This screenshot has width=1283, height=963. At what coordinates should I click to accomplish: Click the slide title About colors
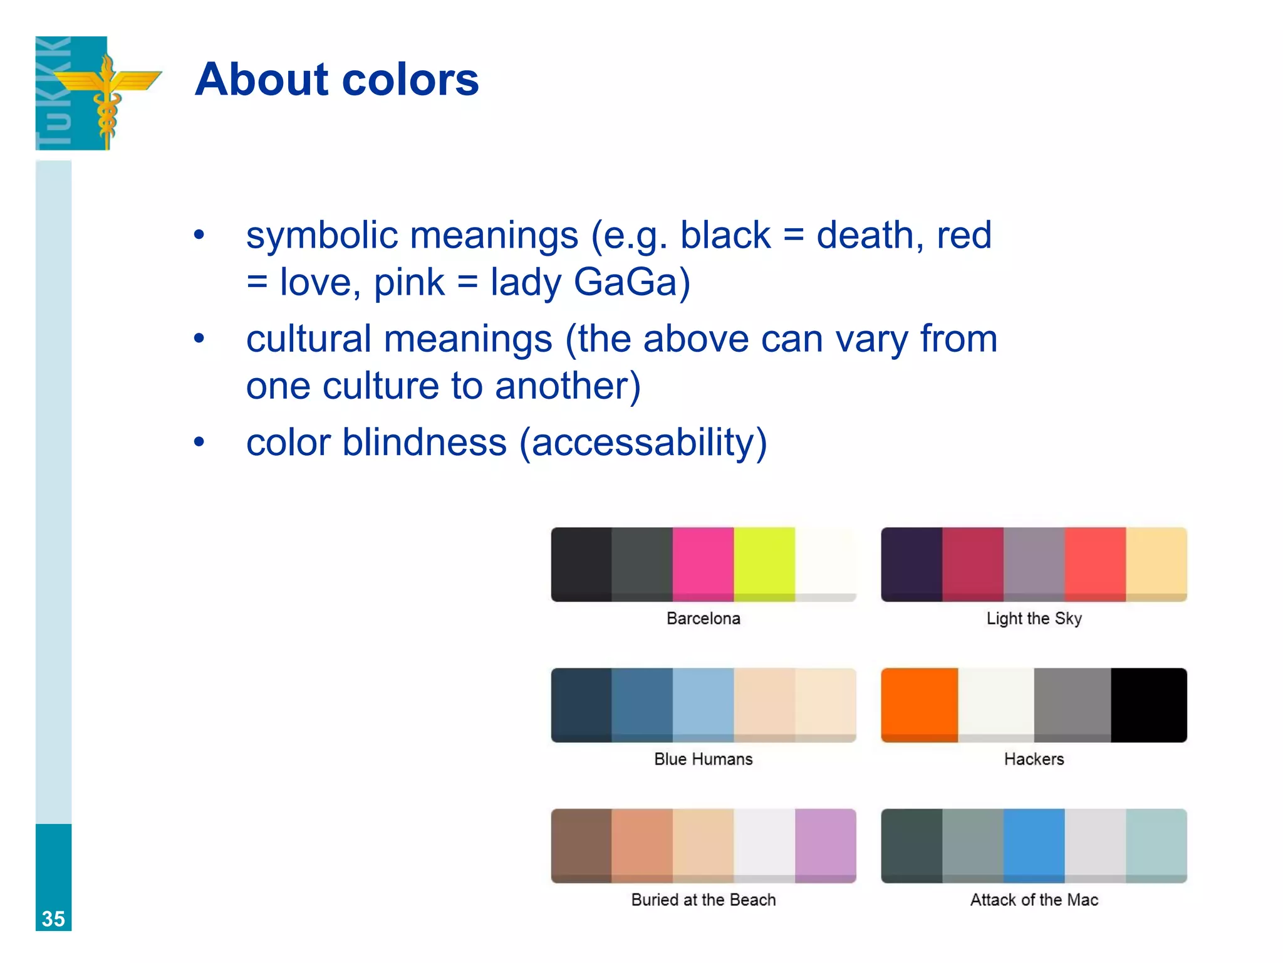(336, 80)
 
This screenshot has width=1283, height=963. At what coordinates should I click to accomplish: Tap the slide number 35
(53, 918)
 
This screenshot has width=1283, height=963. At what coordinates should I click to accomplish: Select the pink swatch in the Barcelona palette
(703, 564)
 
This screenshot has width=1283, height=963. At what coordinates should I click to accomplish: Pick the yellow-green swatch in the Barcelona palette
(764, 564)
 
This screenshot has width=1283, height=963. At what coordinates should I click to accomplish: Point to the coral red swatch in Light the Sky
(1095, 564)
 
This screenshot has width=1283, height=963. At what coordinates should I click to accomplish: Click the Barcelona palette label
(703, 619)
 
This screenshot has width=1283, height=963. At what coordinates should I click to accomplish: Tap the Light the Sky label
(1034, 619)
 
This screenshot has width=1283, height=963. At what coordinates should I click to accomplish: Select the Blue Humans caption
(703, 759)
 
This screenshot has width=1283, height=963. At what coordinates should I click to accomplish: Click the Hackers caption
(1034, 759)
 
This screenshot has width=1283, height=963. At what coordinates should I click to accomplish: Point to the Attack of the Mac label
(1034, 900)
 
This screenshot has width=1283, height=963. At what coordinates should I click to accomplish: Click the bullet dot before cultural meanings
(199, 339)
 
